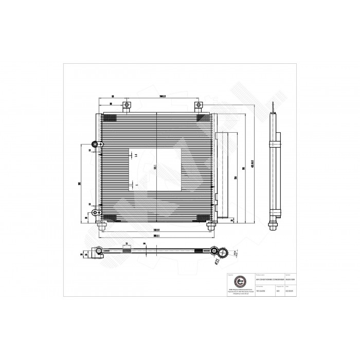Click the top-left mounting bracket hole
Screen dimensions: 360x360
point(127,105)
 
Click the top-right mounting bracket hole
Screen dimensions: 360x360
point(197,105)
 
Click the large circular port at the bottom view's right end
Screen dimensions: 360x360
point(223,252)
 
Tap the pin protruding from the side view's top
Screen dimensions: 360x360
point(274,107)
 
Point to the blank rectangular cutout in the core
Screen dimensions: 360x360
point(154,169)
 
